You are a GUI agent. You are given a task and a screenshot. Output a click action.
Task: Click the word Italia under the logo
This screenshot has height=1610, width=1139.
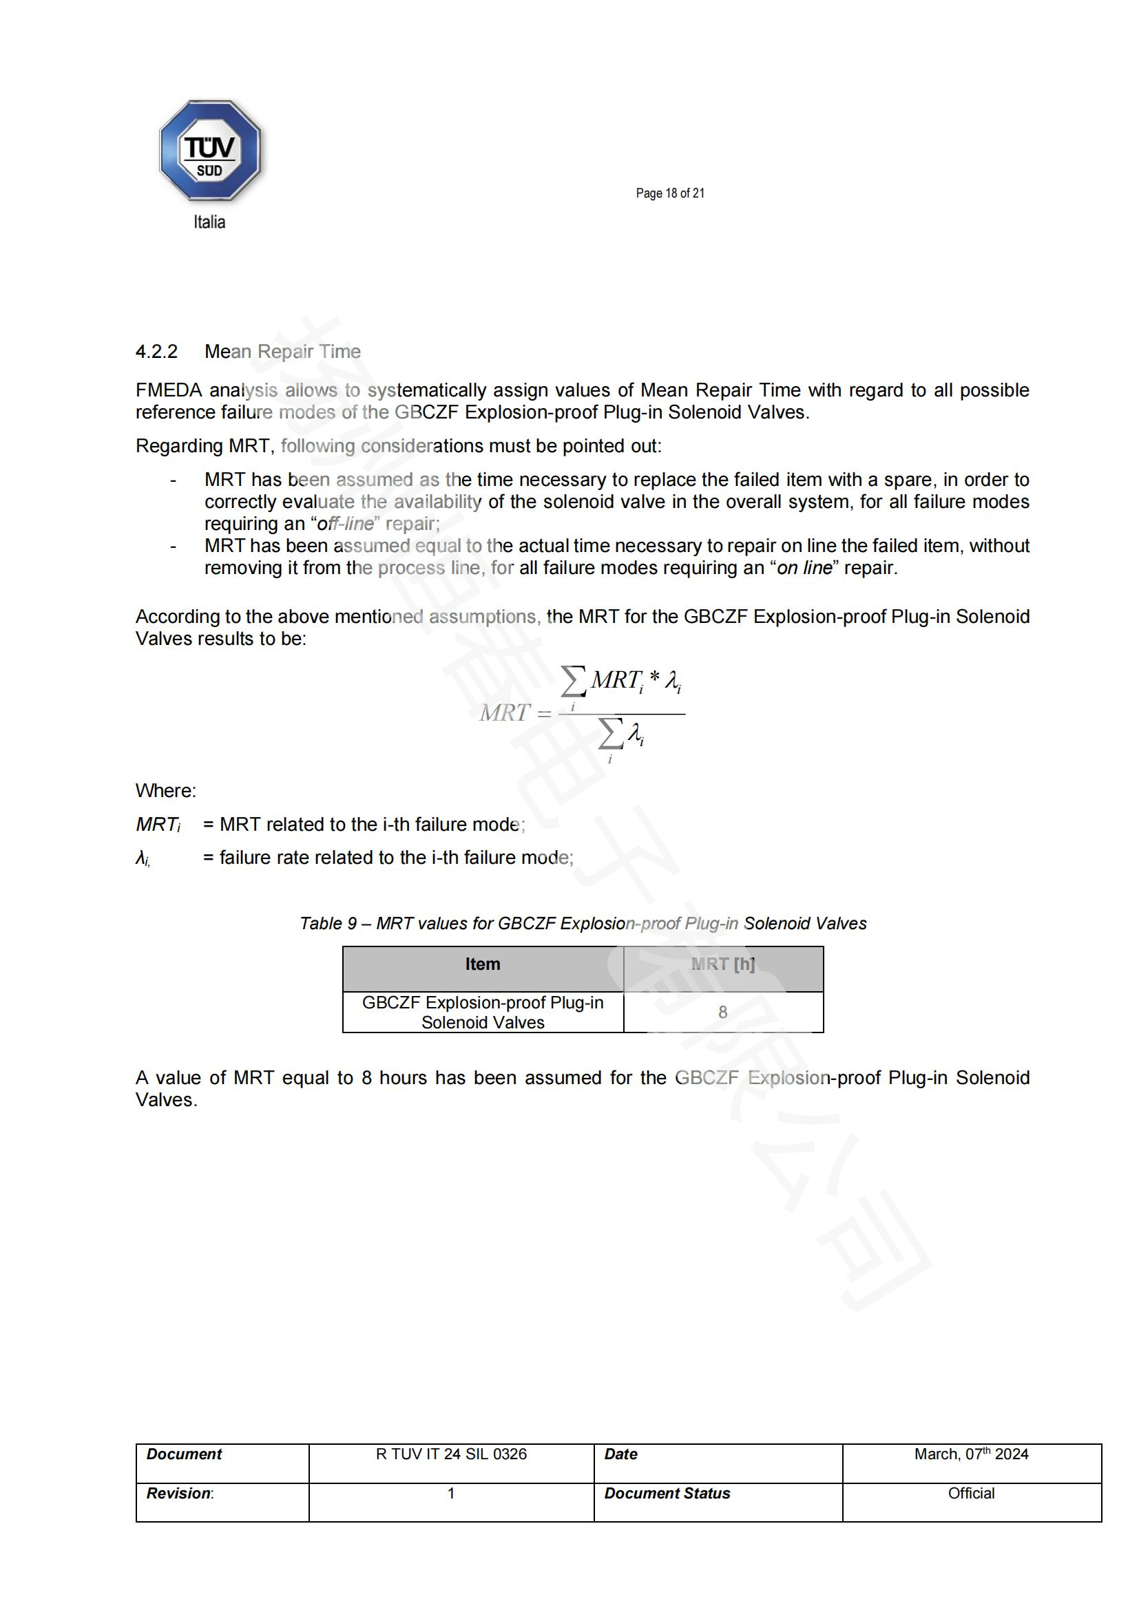(209, 222)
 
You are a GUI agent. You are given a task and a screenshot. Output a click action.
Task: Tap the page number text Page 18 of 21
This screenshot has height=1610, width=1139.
(670, 193)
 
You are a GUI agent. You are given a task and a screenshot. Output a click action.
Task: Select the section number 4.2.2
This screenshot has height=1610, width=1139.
(156, 351)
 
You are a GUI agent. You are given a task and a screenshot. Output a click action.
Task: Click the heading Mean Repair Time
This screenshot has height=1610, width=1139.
(282, 351)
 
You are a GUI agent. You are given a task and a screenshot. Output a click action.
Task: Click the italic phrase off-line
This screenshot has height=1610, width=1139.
(345, 524)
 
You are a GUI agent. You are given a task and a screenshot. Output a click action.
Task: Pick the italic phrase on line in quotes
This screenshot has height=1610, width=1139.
(804, 568)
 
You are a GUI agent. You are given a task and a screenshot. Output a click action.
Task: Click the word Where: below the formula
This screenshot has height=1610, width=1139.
(165, 791)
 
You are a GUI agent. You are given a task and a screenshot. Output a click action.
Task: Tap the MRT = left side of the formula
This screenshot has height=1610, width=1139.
(515, 713)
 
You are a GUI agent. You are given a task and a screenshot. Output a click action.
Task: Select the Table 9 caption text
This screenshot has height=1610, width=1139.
(583, 924)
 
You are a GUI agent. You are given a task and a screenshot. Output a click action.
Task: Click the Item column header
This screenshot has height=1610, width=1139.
(483, 964)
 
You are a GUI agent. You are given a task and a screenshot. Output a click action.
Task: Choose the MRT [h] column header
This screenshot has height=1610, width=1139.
(722, 964)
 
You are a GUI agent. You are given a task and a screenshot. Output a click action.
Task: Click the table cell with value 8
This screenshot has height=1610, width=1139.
(722, 1012)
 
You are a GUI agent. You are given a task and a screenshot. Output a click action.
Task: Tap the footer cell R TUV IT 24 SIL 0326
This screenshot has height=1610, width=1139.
(451, 1454)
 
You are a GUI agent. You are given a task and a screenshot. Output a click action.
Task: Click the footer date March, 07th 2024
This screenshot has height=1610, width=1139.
(971, 1454)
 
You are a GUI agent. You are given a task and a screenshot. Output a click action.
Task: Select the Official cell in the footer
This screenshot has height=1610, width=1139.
(971, 1494)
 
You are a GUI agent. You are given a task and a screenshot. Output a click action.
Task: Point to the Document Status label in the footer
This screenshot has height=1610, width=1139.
(667, 1494)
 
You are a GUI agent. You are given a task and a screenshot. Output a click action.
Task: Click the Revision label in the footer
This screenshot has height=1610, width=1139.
(179, 1494)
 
